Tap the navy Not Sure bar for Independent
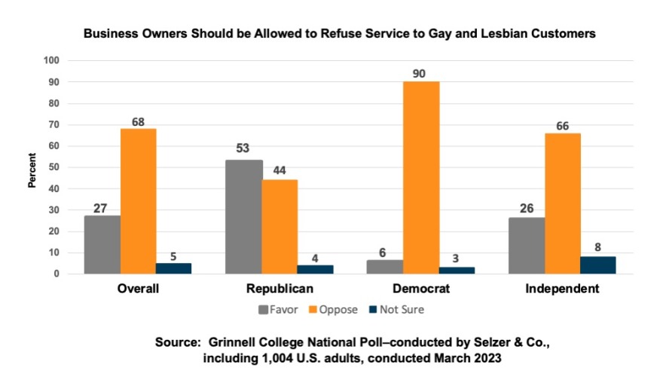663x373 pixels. (598, 265)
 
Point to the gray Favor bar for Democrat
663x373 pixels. (386, 268)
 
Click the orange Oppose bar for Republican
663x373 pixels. (280, 227)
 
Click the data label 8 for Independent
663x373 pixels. (598, 247)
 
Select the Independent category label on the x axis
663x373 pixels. (563, 289)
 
